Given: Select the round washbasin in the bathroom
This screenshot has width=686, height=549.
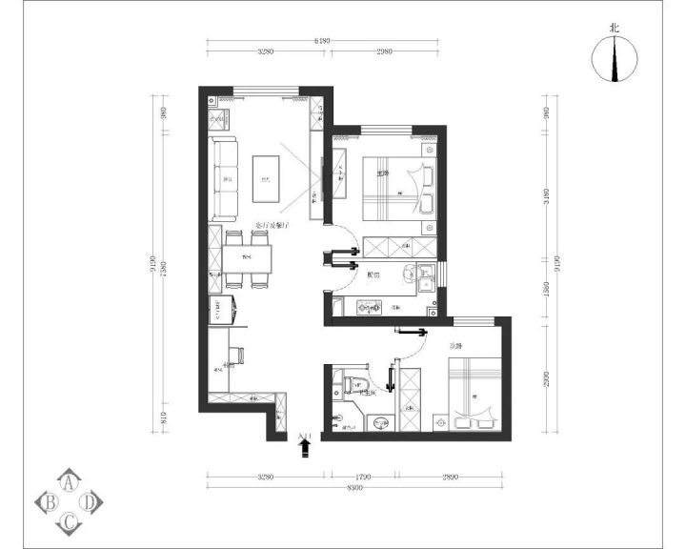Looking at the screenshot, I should (381, 423).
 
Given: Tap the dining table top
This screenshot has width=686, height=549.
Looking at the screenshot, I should (247, 258).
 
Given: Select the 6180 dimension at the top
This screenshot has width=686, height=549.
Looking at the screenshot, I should (322, 41).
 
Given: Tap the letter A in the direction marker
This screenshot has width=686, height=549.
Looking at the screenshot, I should (70, 482).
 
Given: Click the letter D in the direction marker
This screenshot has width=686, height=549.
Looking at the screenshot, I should (89, 500).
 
